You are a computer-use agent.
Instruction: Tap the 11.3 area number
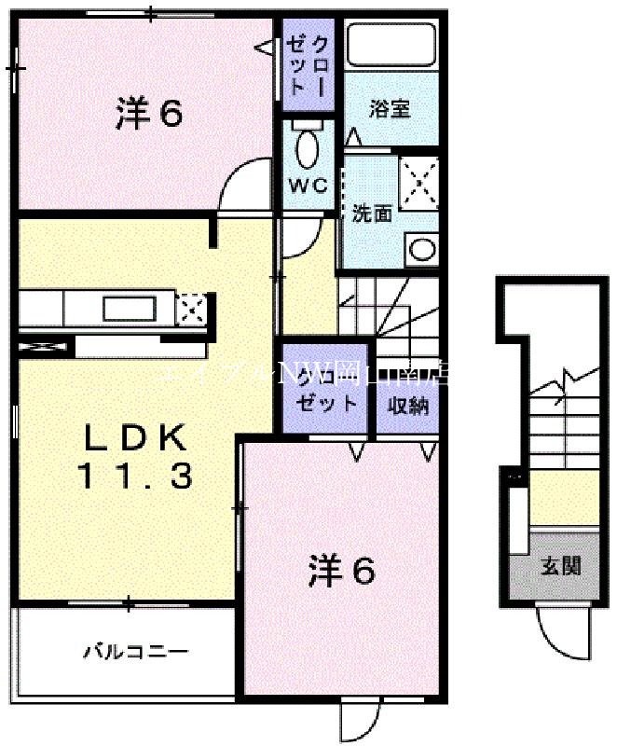click(x=134, y=477)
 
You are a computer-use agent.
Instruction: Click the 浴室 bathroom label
click(x=390, y=108)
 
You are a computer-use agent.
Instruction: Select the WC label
click(x=308, y=185)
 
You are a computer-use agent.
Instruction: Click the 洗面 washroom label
click(x=370, y=213)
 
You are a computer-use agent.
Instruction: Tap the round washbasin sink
click(x=422, y=249)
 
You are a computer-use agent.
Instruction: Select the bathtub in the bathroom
click(x=390, y=43)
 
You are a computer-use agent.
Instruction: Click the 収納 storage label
click(x=408, y=406)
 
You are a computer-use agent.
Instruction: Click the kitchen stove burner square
click(x=190, y=308)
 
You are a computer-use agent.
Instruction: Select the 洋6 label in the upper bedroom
click(x=148, y=114)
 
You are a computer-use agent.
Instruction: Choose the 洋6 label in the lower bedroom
click(x=342, y=570)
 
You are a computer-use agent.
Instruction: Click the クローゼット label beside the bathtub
click(x=308, y=63)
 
